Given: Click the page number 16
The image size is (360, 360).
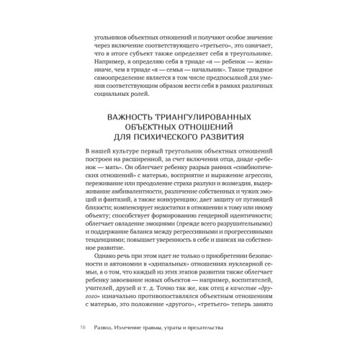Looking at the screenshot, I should [84, 328].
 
